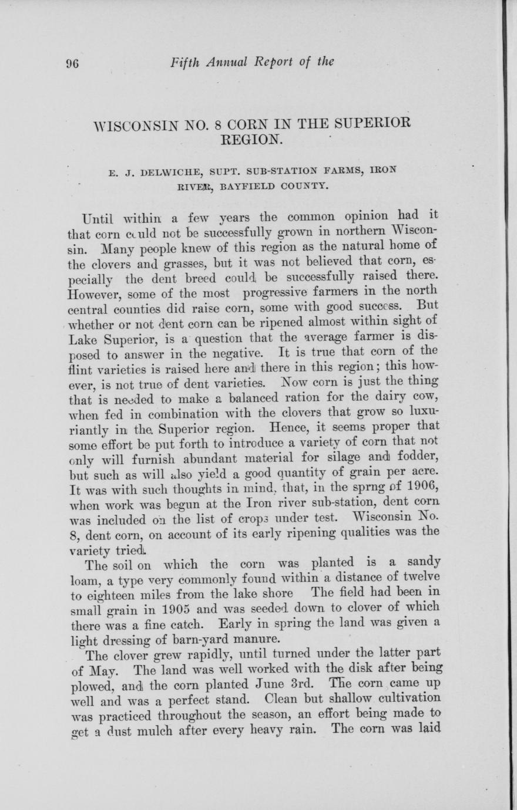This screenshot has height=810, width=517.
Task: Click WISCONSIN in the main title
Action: coord(131,125)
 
